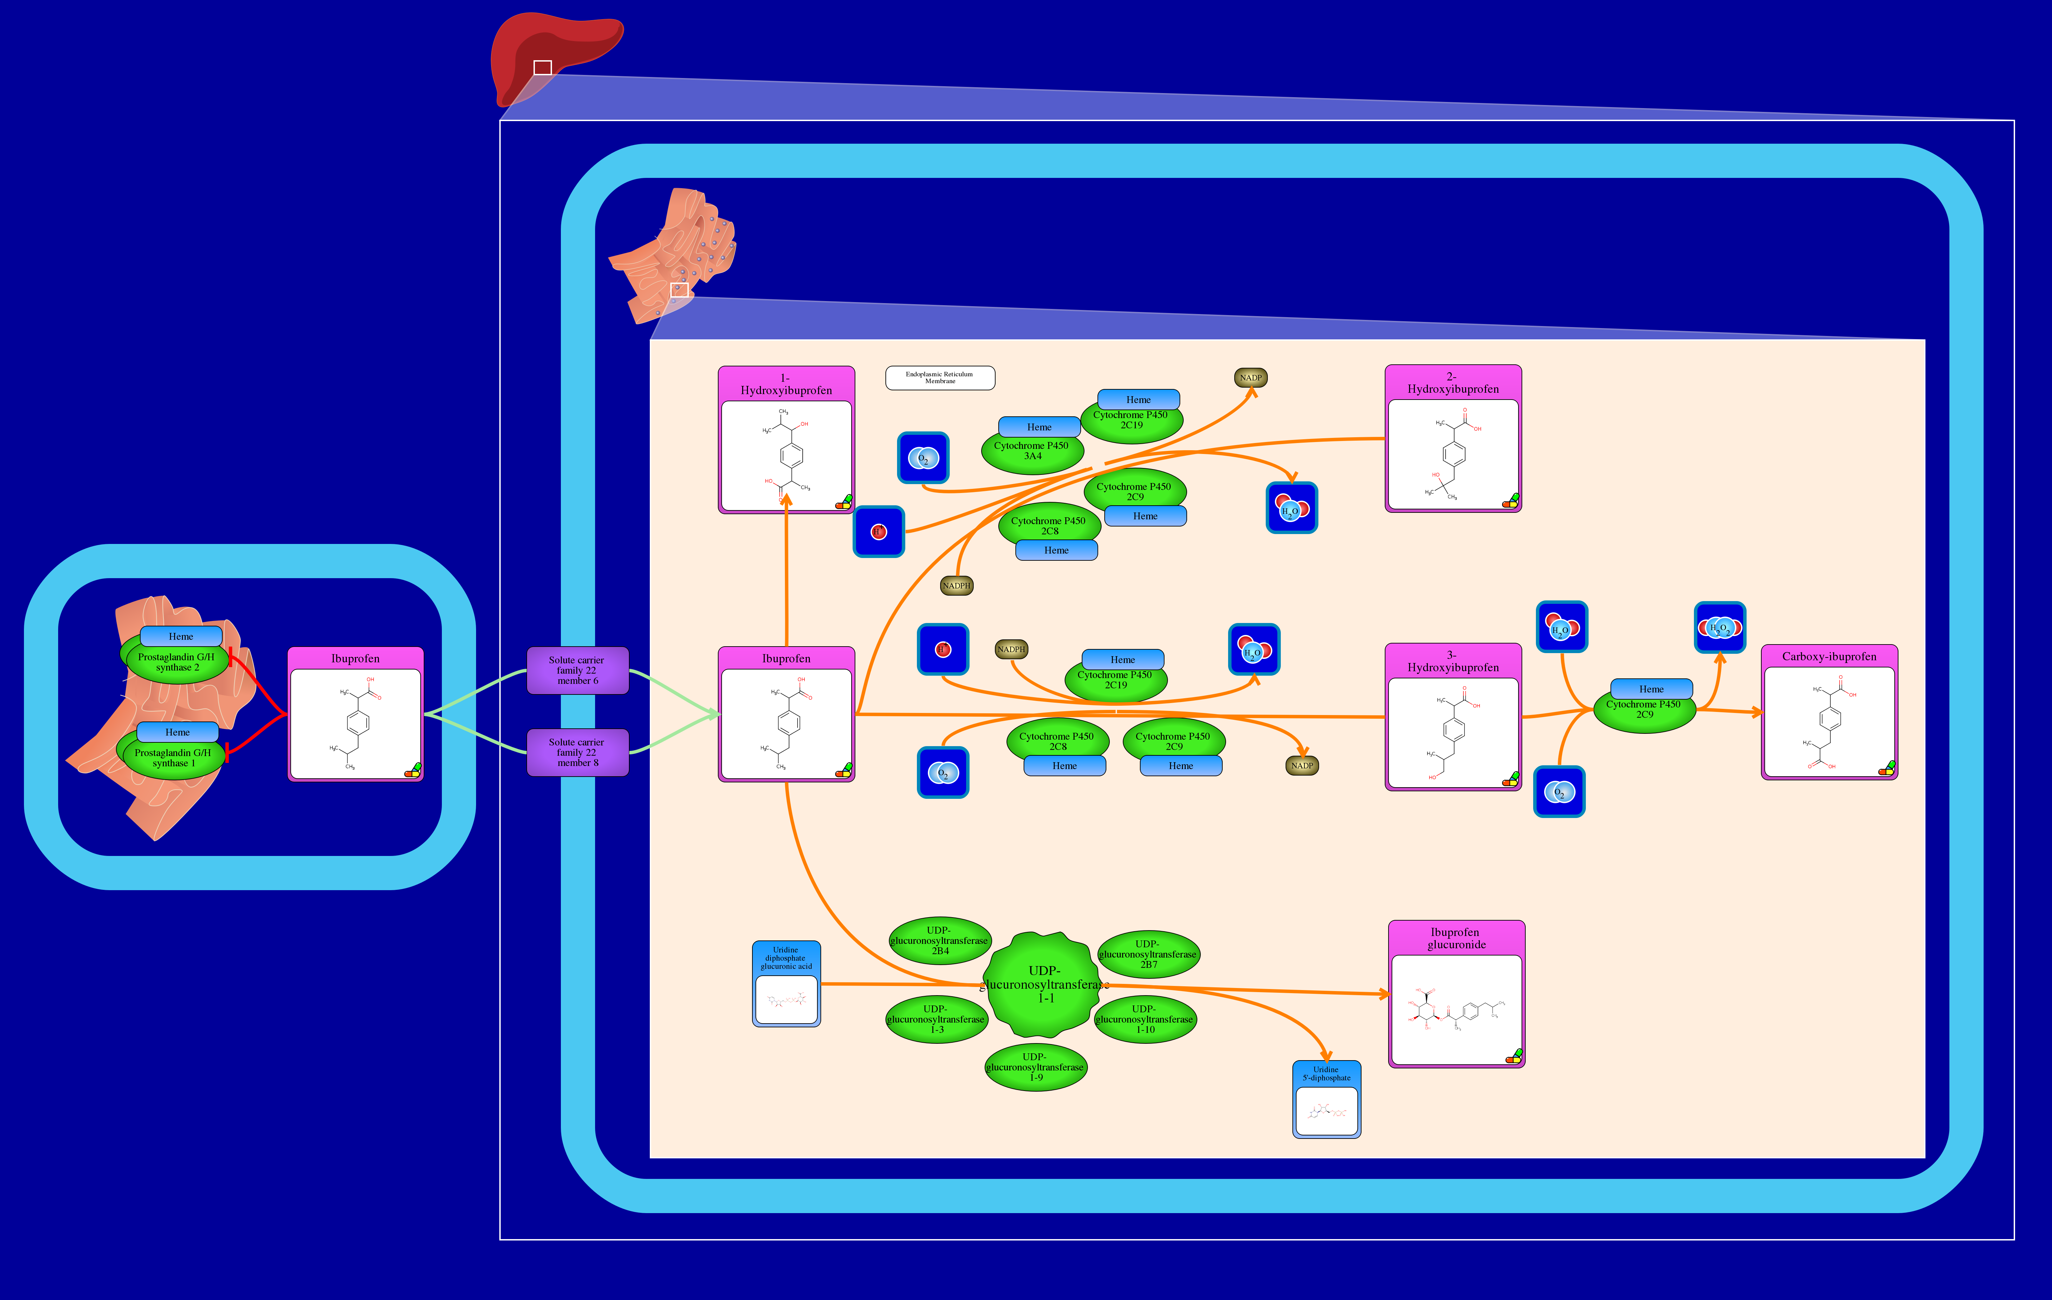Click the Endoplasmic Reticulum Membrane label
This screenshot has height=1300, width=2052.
pyautogui.click(x=940, y=378)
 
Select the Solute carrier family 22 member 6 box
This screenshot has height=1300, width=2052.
pyautogui.click(x=577, y=670)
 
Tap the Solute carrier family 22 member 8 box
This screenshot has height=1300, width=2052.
pyautogui.click(x=577, y=752)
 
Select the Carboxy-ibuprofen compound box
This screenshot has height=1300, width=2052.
pyautogui.click(x=1829, y=712)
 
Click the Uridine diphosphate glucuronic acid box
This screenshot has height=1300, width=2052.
pyautogui.click(x=786, y=984)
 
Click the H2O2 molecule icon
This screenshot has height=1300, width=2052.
pyautogui.click(x=1720, y=627)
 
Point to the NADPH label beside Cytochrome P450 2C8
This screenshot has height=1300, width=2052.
pyautogui.click(x=956, y=586)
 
